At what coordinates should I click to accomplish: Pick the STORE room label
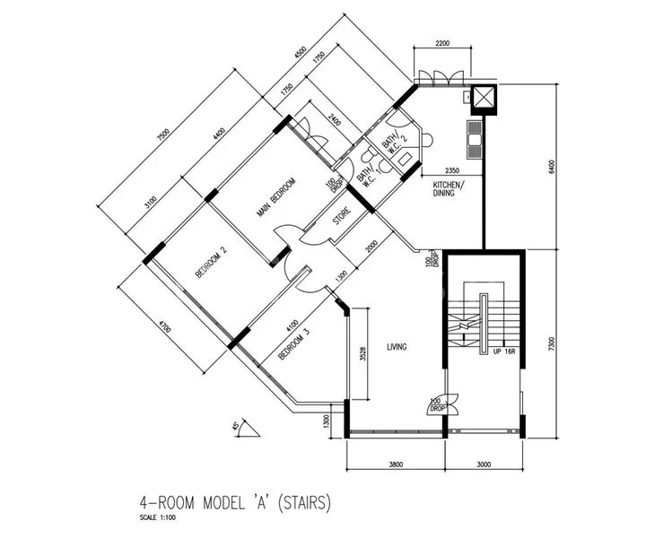click(342, 218)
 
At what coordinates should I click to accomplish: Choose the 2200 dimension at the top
click(443, 42)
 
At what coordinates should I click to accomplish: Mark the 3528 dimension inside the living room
click(362, 352)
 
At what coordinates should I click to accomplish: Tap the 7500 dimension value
click(162, 135)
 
